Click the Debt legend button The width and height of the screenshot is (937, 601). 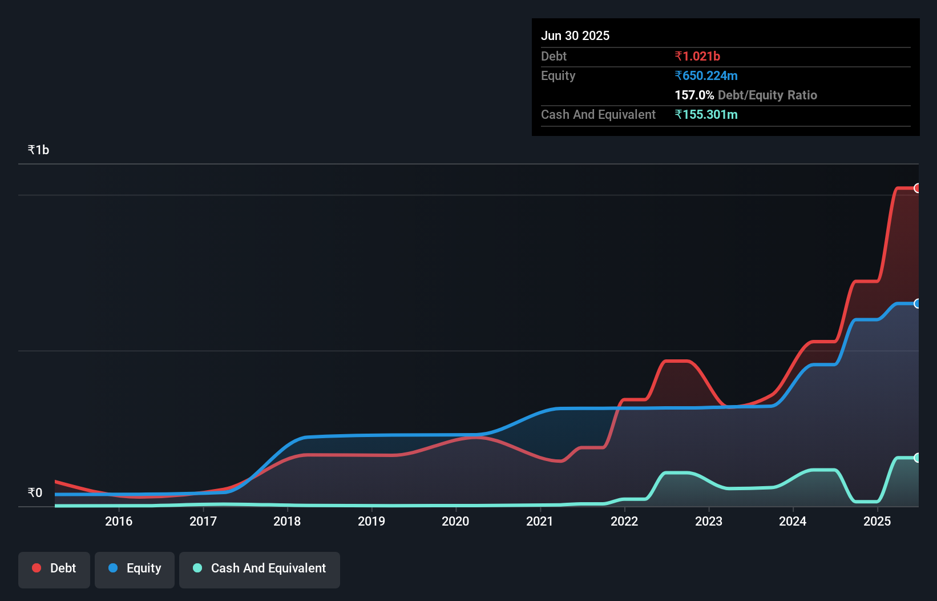[54, 569]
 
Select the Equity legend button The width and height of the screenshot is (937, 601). [135, 569]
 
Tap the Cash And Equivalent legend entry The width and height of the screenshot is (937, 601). [260, 569]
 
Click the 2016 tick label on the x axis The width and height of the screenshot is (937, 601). [119, 521]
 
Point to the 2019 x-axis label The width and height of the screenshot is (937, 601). [371, 521]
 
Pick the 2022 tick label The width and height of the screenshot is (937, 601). [624, 521]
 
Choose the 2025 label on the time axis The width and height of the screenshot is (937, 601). [877, 521]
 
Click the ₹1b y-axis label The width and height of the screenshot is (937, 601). [38, 150]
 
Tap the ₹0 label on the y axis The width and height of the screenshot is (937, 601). [35, 492]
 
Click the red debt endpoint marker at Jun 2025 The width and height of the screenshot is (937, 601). [917, 188]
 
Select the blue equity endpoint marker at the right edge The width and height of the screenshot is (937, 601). [917, 303]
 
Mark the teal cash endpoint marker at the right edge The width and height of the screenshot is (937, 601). [917, 458]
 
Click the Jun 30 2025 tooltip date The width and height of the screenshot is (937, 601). [575, 35]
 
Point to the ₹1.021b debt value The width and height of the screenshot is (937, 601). [697, 56]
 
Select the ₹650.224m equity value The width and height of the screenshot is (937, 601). [706, 75]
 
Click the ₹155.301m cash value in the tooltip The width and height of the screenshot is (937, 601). [706, 114]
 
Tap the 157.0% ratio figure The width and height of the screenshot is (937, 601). [694, 95]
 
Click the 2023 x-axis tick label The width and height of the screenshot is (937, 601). [709, 521]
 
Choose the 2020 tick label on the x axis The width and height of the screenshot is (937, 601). [455, 521]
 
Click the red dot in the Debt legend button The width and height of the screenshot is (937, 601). [37, 568]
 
